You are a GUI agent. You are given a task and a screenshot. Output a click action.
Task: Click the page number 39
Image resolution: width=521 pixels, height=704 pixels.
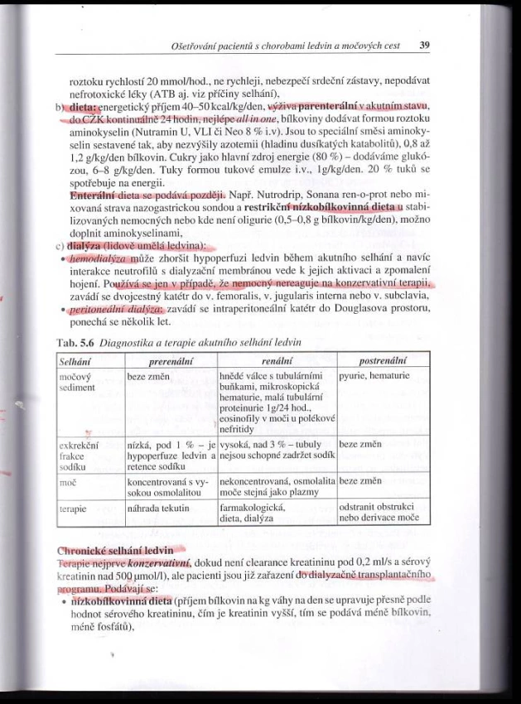(423, 45)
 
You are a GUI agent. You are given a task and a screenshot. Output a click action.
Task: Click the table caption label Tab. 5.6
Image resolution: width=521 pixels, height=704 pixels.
(75, 342)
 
